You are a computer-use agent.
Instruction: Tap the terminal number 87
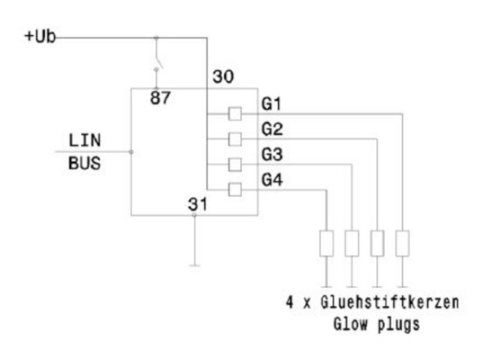point(160,98)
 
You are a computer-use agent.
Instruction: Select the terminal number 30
point(222,78)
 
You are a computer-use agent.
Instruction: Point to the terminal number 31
point(196,203)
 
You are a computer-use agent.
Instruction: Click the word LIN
point(84,141)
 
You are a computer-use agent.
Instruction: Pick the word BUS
point(84,165)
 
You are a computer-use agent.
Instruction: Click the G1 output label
point(272,105)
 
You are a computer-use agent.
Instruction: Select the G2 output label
point(272,130)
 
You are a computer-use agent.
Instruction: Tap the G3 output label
point(272,156)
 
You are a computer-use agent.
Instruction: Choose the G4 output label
point(272,181)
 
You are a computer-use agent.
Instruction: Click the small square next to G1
point(235,113)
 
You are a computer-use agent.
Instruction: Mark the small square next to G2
point(235,139)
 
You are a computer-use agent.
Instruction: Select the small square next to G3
point(235,164)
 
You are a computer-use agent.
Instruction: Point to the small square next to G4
point(235,189)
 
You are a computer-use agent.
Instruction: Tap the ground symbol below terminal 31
point(195,265)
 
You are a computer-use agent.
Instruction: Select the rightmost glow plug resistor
point(403,243)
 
